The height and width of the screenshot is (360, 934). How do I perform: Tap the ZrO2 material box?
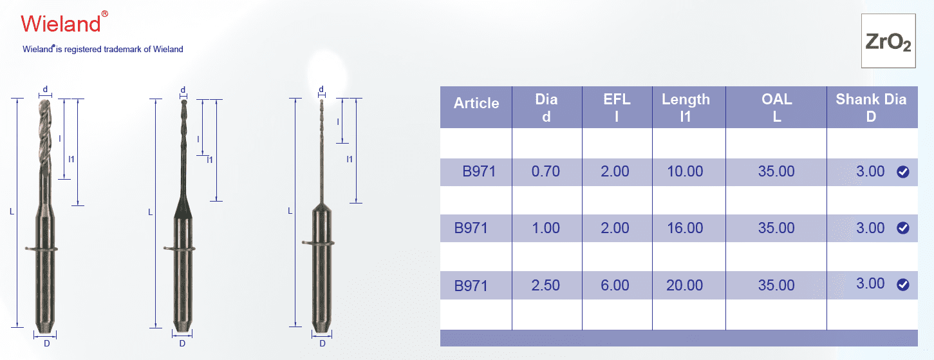pos(888,41)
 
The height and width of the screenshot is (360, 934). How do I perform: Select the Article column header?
pos(476,103)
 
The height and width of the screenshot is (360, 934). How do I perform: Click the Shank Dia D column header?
pos(871,108)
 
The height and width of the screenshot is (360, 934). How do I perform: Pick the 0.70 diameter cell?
pos(545,171)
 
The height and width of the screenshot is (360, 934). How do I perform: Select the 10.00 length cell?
pos(685,171)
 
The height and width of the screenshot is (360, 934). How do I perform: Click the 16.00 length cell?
pos(685,228)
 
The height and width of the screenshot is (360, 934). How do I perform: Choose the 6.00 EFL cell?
pos(615,285)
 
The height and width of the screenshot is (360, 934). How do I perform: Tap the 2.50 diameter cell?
pos(545,285)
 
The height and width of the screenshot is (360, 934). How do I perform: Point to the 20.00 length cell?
pos(685,285)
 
